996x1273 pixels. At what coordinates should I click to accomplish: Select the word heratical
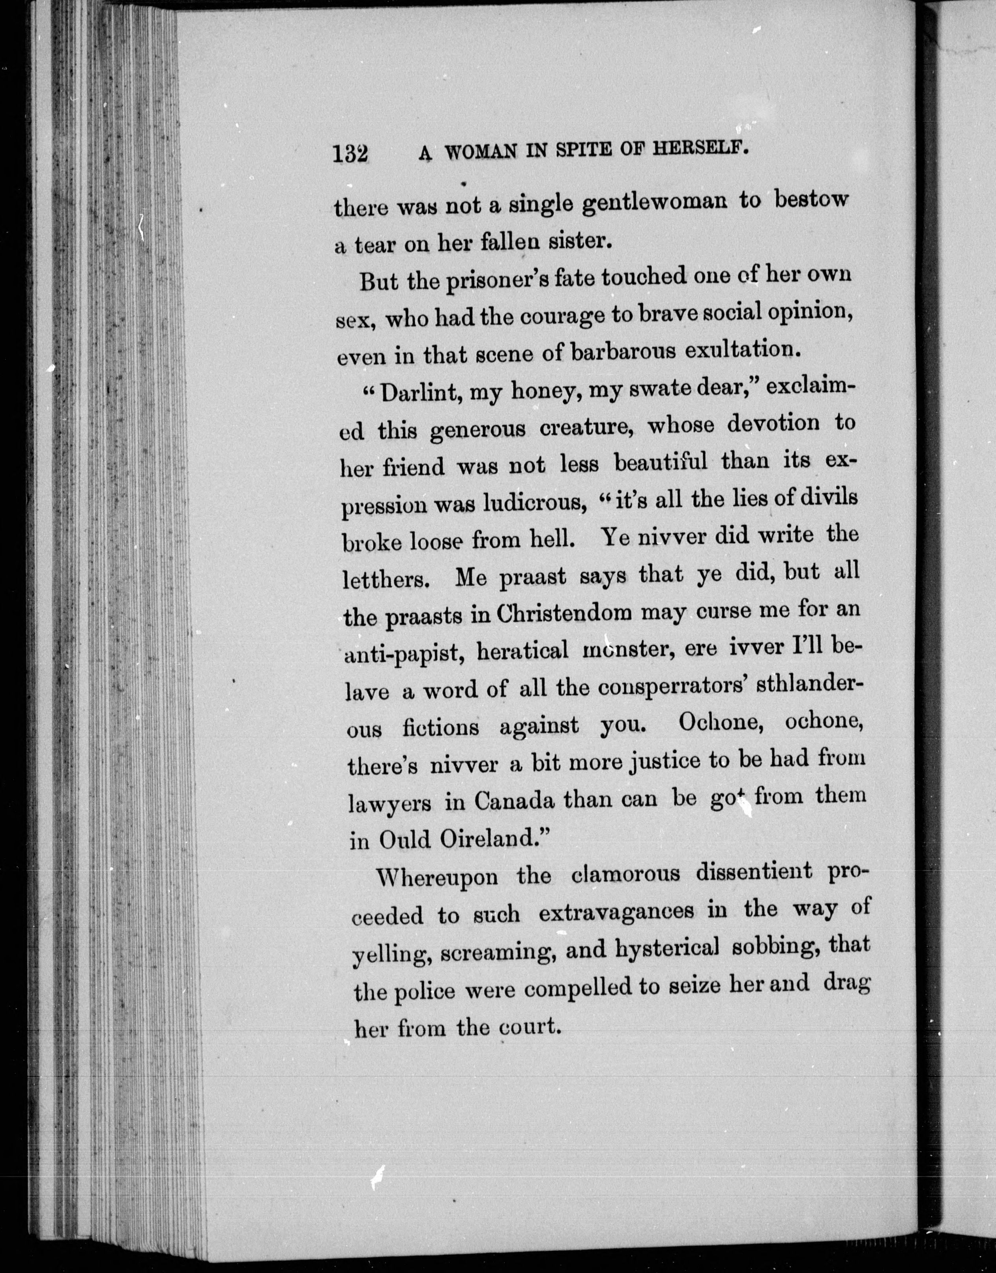coord(522,650)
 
